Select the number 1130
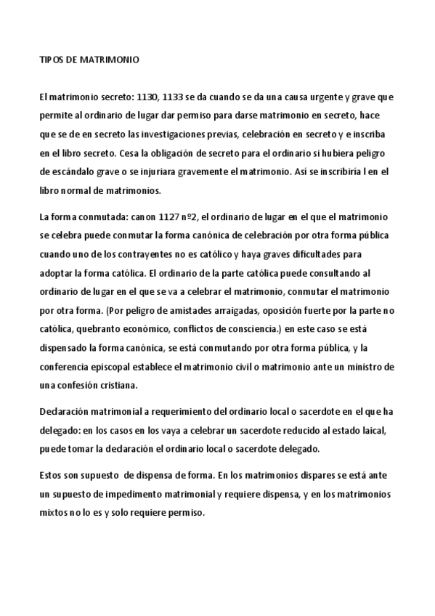(142, 97)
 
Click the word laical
(381, 430)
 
